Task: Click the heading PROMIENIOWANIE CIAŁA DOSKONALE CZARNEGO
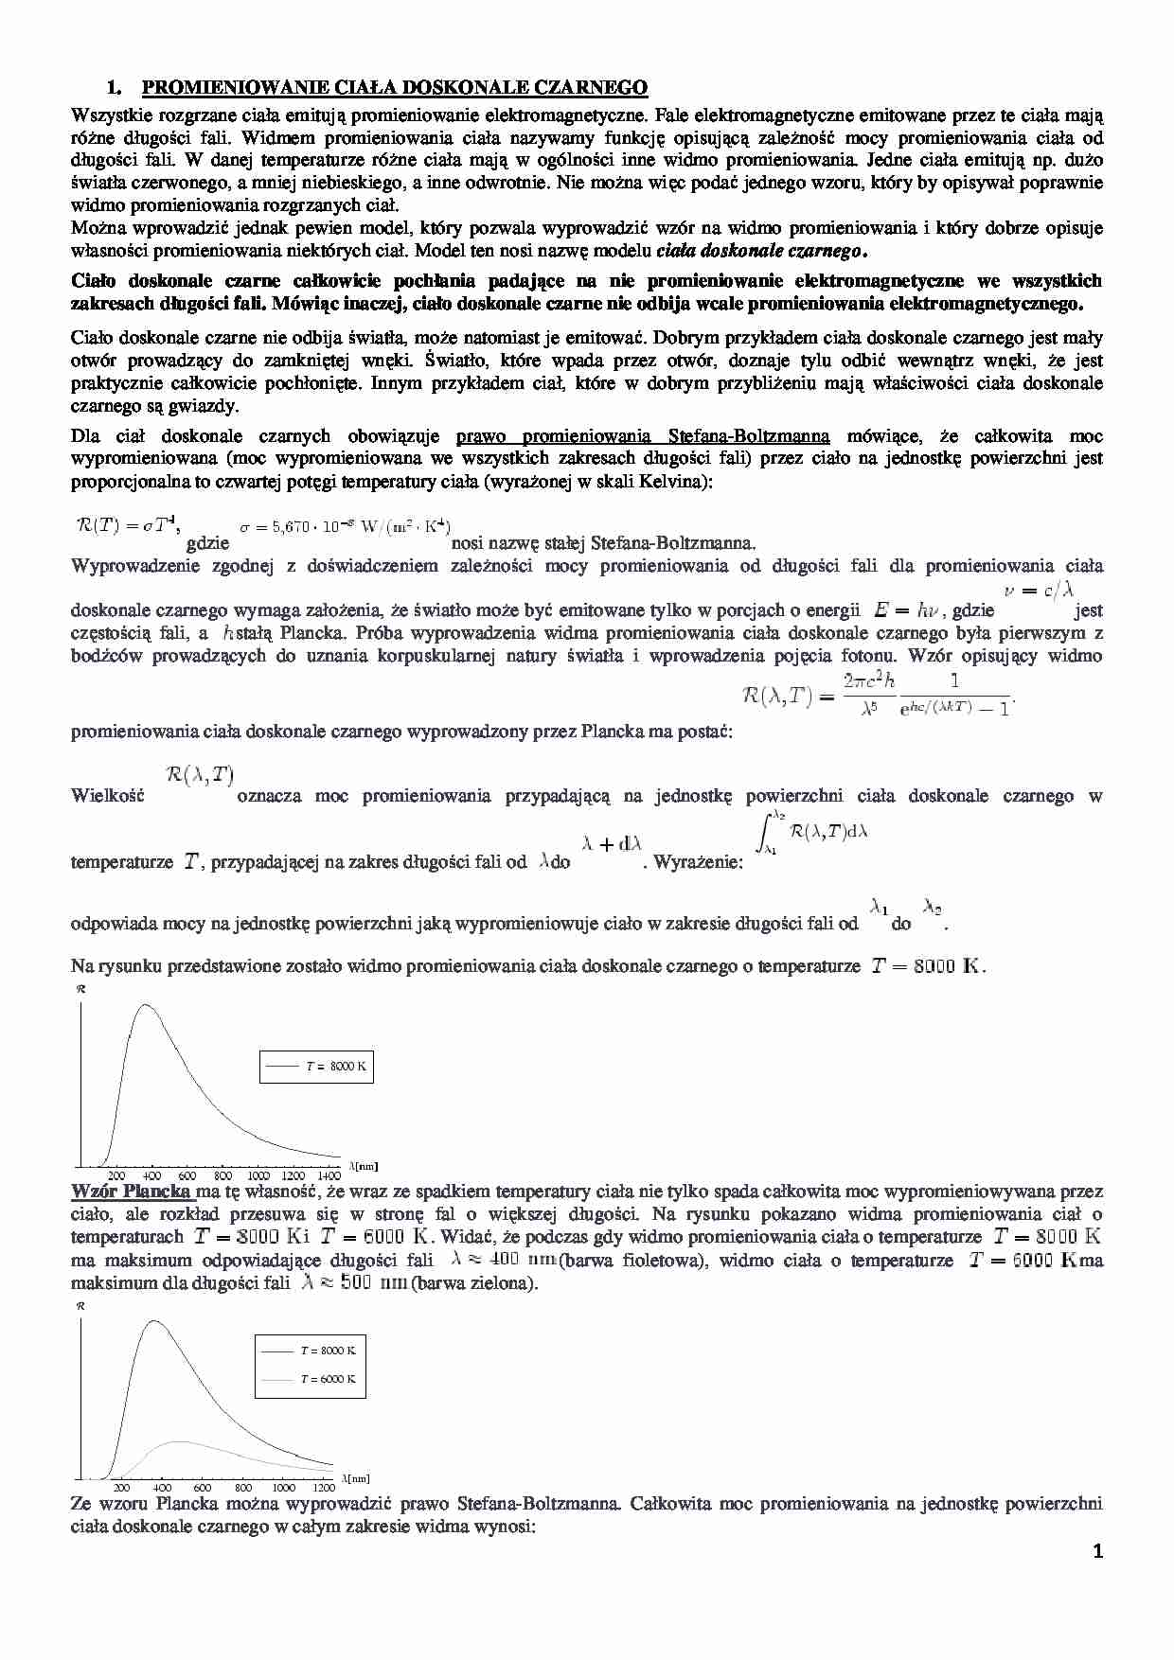394,88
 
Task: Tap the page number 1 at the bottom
1097,1552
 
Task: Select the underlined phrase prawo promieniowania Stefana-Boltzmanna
643,436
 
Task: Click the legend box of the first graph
316,1067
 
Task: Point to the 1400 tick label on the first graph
329,1175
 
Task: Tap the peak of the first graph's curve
147,1006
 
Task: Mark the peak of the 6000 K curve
180,1442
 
